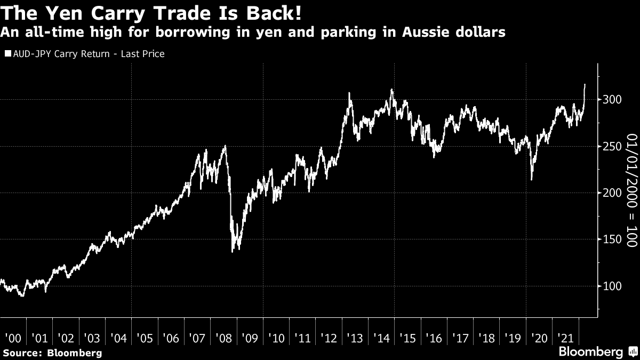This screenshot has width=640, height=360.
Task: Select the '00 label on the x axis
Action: click(12, 338)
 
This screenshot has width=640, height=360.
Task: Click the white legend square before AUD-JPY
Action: click(7, 54)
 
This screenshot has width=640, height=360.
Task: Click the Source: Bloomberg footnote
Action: click(52, 353)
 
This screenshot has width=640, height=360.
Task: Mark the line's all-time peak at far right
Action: click(585, 84)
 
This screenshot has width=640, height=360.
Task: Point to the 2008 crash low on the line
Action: click(233, 252)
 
